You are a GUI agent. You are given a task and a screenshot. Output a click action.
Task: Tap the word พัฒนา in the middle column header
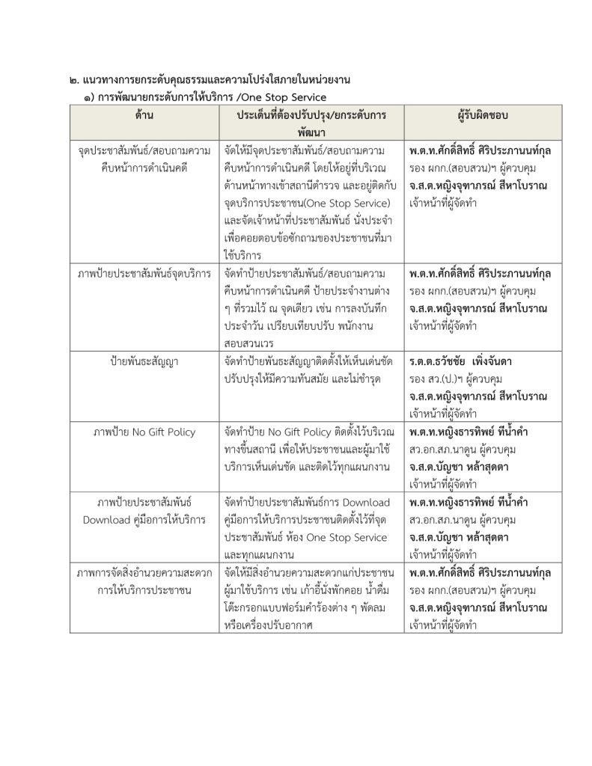point(311,130)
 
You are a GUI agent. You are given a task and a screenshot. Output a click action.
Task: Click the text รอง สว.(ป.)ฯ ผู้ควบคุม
point(455,379)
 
